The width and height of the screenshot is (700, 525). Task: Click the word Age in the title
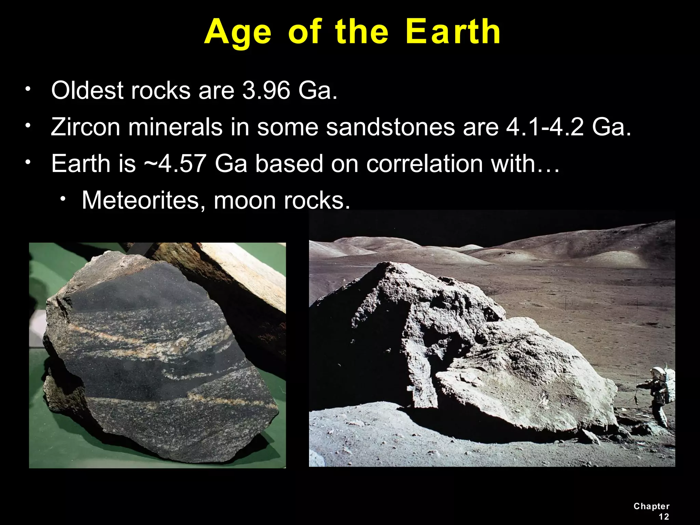pos(238,33)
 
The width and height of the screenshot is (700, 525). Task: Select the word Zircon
pos(85,127)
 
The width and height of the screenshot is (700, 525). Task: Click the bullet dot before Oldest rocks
pos(28,90)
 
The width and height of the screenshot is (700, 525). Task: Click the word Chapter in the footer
pos(651,506)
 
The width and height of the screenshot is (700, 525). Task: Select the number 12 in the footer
pos(663,517)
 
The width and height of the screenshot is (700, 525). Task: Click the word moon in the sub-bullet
pos(245,200)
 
